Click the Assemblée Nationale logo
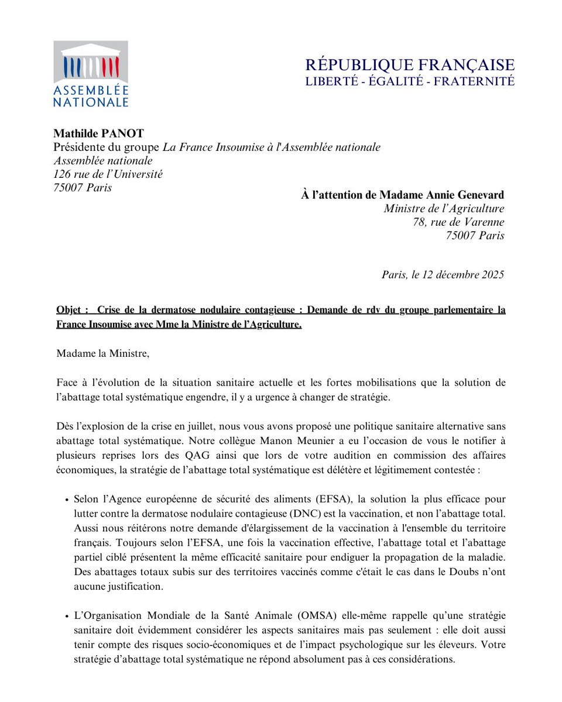click(x=90, y=74)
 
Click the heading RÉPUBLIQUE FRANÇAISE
click(x=410, y=65)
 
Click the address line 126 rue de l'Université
click(x=108, y=174)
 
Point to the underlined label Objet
click(x=71, y=309)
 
